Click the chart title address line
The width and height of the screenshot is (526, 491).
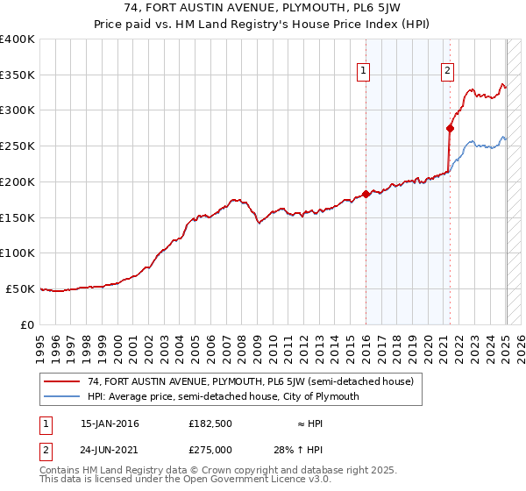[263, 10]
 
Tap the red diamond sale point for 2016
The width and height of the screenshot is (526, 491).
[366, 194]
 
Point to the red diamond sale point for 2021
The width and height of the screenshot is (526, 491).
[450, 128]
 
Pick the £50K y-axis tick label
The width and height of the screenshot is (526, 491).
[21, 288]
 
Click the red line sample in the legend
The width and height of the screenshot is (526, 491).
[61, 381]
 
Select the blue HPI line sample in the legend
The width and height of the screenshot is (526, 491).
[61, 396]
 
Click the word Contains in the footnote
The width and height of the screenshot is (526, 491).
[61, 471]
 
